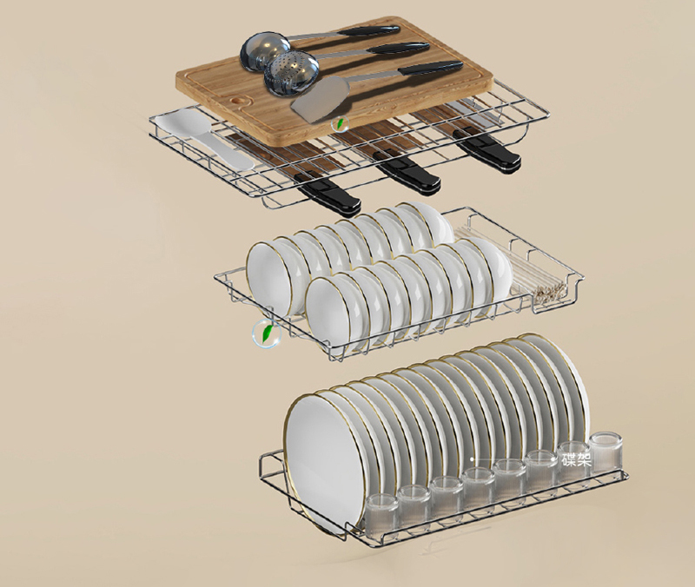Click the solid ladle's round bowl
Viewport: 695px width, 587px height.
coord(265,52)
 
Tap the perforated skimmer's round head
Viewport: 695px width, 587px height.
coord(291,75)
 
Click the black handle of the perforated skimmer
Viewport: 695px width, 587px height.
coord(397,49)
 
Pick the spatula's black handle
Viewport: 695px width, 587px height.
coord(430,69)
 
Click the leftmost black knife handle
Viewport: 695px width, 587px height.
coord(328,193)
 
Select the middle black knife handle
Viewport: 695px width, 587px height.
coord(407,173)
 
